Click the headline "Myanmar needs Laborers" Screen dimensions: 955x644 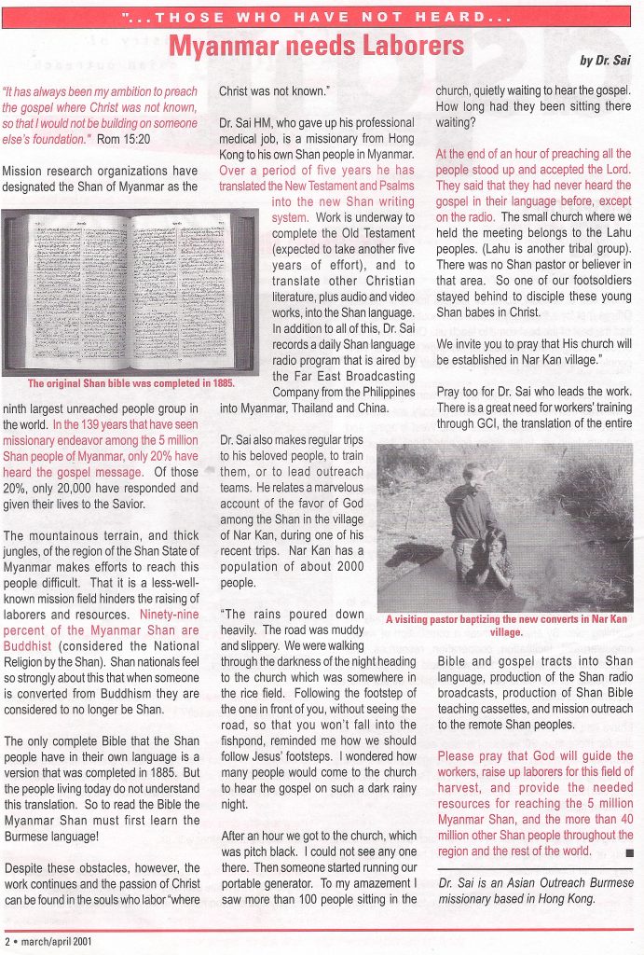coord(316,46)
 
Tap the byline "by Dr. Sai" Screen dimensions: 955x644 coord(605,61)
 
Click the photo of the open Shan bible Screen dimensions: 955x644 coord(130,291)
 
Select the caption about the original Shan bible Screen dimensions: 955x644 coord(130,383)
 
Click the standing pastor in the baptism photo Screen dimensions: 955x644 coord(473,513)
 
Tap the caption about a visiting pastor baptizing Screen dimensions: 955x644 coord(505,624)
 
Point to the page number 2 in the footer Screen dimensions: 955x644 coord(7,941)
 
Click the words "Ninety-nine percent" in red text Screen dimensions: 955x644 coord(169,615)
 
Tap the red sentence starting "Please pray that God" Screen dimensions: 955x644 coord(534,803)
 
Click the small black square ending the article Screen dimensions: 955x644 coord(629,852)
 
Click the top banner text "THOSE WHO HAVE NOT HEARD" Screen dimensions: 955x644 coord(317,17)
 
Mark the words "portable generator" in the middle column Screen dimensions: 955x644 coord(273,883)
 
